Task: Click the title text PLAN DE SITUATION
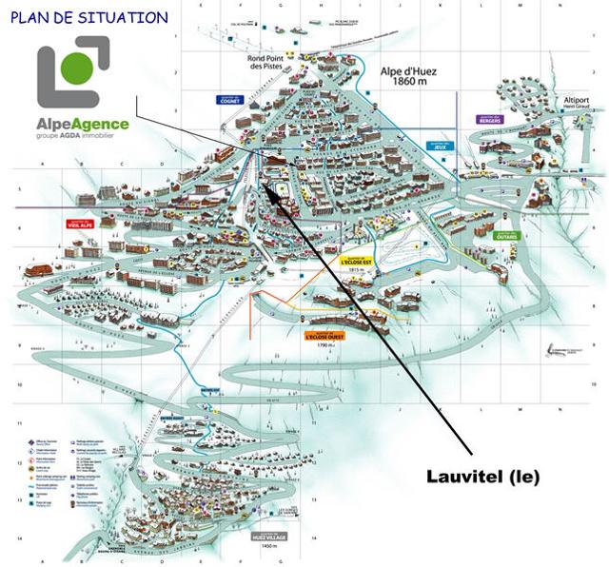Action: point(89,17)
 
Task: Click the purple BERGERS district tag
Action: point(489,119)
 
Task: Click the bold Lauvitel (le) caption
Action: point(481,477)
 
